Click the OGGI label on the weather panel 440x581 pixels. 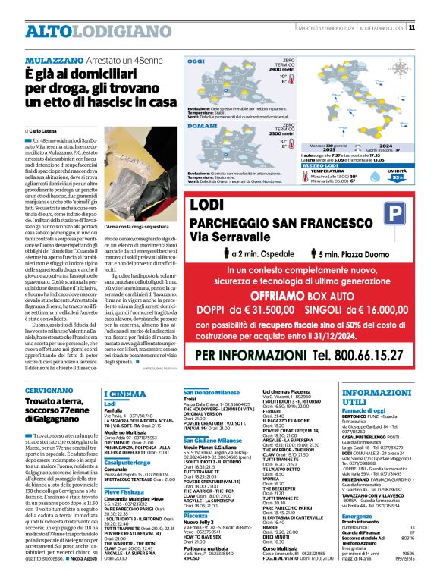(x=196, y=61)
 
